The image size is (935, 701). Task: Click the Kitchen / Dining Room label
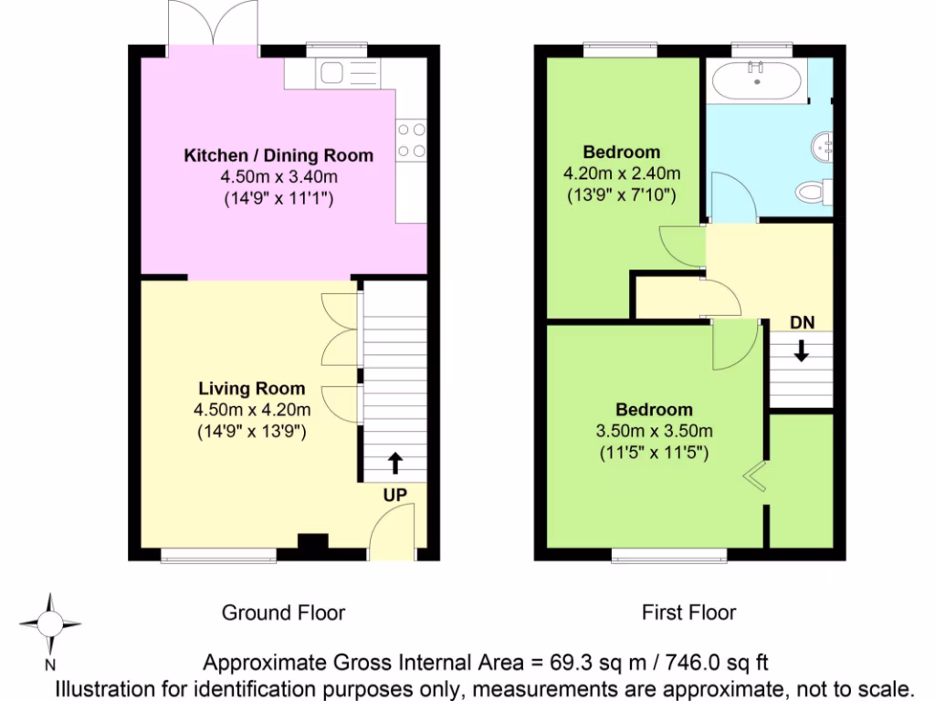(x=278, y=155)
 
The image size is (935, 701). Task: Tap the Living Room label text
(x=251, y=389)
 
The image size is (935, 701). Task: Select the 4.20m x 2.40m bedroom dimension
(x=621, y=173)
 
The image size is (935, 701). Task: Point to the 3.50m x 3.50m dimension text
(x=653, y=431)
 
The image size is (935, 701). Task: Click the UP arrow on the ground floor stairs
(x=394, y=463)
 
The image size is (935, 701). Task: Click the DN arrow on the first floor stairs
(x=801, y=350)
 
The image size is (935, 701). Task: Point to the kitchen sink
(x=331, y=73)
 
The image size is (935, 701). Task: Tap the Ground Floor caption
(x=283, y=612)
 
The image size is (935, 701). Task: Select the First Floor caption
(x=688, y=612)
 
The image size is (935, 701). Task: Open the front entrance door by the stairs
(x=393, y=534)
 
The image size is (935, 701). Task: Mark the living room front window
(x=218, y=553)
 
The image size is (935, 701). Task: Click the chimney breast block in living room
(x=313, y=545)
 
